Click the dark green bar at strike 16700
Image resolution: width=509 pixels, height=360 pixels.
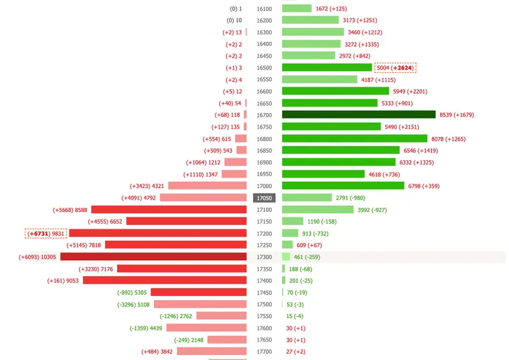358,115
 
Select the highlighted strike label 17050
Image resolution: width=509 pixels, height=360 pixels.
264,198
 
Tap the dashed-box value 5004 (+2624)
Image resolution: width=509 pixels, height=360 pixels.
396,67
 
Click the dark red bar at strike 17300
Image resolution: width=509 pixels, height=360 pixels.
153,257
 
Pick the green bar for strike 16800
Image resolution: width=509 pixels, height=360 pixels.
354,138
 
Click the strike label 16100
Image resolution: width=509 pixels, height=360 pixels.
264,9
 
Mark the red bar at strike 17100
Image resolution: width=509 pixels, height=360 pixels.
169,209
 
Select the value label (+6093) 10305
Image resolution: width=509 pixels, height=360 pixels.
37,257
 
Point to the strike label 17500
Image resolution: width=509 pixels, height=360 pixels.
264,304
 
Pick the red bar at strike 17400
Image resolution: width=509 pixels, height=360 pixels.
164,280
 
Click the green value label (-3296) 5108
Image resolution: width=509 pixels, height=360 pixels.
133,304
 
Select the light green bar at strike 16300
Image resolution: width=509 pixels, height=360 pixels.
313,32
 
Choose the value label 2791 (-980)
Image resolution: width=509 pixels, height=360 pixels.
350,198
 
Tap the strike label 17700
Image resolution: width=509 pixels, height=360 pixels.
264,351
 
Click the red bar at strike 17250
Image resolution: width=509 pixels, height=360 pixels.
175,245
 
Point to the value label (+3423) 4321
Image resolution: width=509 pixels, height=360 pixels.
147,186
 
